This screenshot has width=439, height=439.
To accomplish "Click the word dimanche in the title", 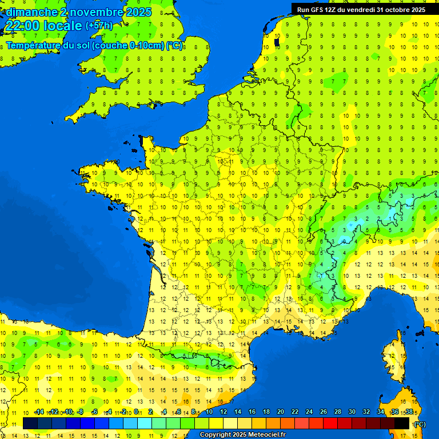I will coord(31,11).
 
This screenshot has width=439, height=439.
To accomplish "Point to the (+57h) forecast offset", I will coord(98,26).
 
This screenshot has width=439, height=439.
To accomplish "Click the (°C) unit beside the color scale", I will coord(420,424).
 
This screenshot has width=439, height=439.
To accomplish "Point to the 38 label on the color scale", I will coord(409,412).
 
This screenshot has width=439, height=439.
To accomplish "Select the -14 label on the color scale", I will coord(39,412).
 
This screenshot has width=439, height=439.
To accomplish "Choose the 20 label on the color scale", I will coord(281,412).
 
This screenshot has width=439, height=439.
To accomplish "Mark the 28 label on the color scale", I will coord(338,412).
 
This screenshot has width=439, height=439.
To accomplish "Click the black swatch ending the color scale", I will coord(402,423).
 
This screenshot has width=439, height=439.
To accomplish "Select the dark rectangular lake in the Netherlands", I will coord(277,42).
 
